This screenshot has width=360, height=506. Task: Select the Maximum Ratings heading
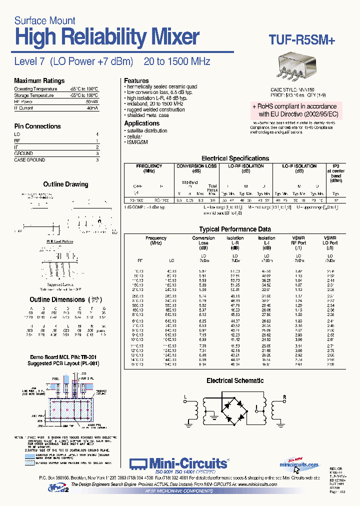(x=39, y=81)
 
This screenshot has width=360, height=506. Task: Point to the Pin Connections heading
(x=37, y=126)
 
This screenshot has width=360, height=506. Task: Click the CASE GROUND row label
(x=29, y=160)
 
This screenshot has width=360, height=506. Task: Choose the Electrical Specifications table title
(x=235, y=158)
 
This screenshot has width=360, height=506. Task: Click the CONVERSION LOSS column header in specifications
(x=197, y=166)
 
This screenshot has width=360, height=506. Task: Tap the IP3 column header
(x=335, y=166)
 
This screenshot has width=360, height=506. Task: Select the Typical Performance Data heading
(x=234, y=229)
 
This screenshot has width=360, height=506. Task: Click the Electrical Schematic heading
(x=235, y=381)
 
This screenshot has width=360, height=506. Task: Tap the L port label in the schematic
(x=185, y=397)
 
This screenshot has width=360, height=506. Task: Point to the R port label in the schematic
(x=283, y=397)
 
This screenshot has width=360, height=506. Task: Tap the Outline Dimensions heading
(x=57, y=299)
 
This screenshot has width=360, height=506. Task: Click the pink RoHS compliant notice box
(x=294, y=110)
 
